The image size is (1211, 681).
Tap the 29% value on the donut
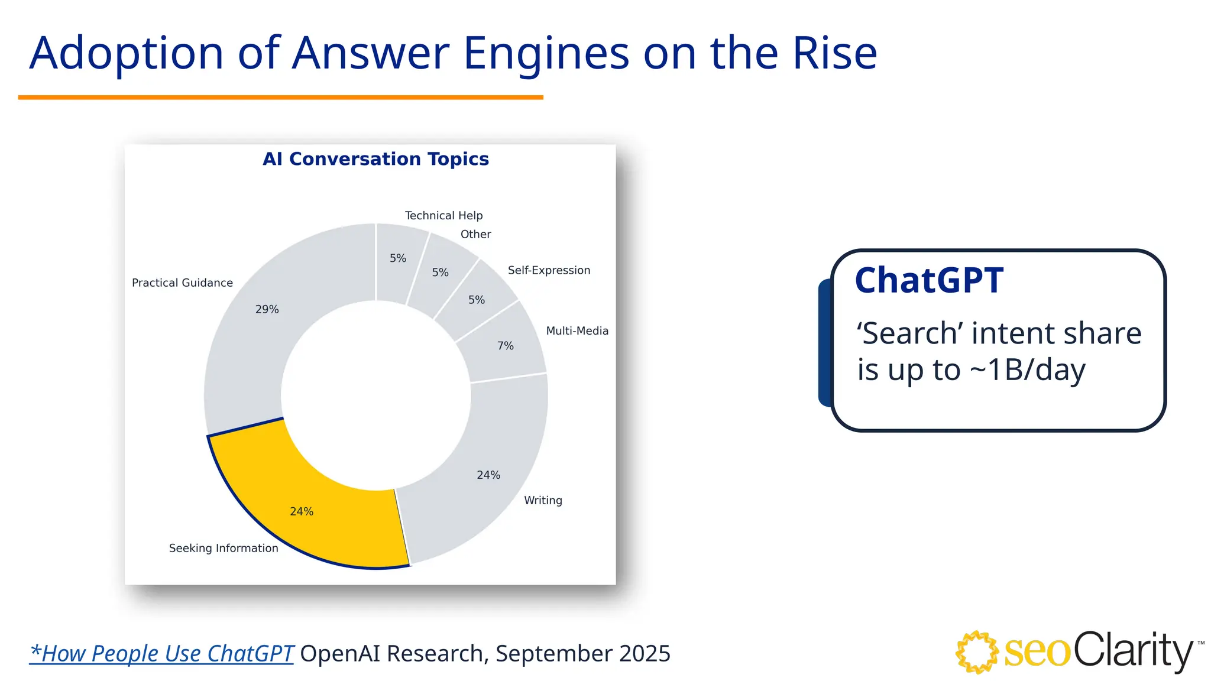pyautogui.click(x=267, y=309)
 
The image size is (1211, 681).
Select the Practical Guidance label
pyautogui.click(x=182, y=283)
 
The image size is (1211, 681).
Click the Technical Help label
pyautogui.click(x=443, y=215)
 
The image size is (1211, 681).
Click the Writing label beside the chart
pyautogui.click(x=543, y=500)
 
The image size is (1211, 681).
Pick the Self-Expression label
pyautogui.click(x=549, y=270)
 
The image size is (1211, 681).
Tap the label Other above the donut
pyautogui.click(x=475, y=234)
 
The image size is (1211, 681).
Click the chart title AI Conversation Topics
pyautogui.click(x=375, y=159)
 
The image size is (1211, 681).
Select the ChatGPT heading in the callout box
pyautogui.click(x=929, y=280)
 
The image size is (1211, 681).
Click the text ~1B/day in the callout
pyautogui.click(x=1028, y=370)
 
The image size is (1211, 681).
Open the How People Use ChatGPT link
pyautogui.click(x=161, y=653)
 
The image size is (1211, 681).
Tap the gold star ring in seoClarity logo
pyautogui.click(x=977, y=652)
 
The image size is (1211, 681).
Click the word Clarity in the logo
pyautogui.click(x=1133, y=650)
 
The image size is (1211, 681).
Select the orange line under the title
pyautogui.click(x=280, y=97)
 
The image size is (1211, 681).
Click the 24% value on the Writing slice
pyautogui.click(x=488, y=475)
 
